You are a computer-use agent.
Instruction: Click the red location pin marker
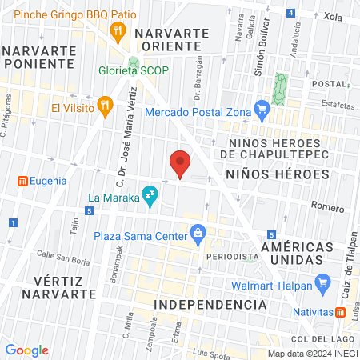pos(181,162)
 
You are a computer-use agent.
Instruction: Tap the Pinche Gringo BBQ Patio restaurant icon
pos(118,31)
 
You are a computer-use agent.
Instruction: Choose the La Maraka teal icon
pos(149,194)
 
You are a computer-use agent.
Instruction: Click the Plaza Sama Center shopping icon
pos(198,234)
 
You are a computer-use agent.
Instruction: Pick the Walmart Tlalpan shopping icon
pos(323,282)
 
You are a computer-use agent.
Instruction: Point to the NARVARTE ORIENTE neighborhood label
pos(172,40)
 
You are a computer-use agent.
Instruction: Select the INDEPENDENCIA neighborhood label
pos(209,305)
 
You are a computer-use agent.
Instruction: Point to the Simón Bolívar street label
pos(260,55)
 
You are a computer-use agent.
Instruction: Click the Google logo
pos(27,350)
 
